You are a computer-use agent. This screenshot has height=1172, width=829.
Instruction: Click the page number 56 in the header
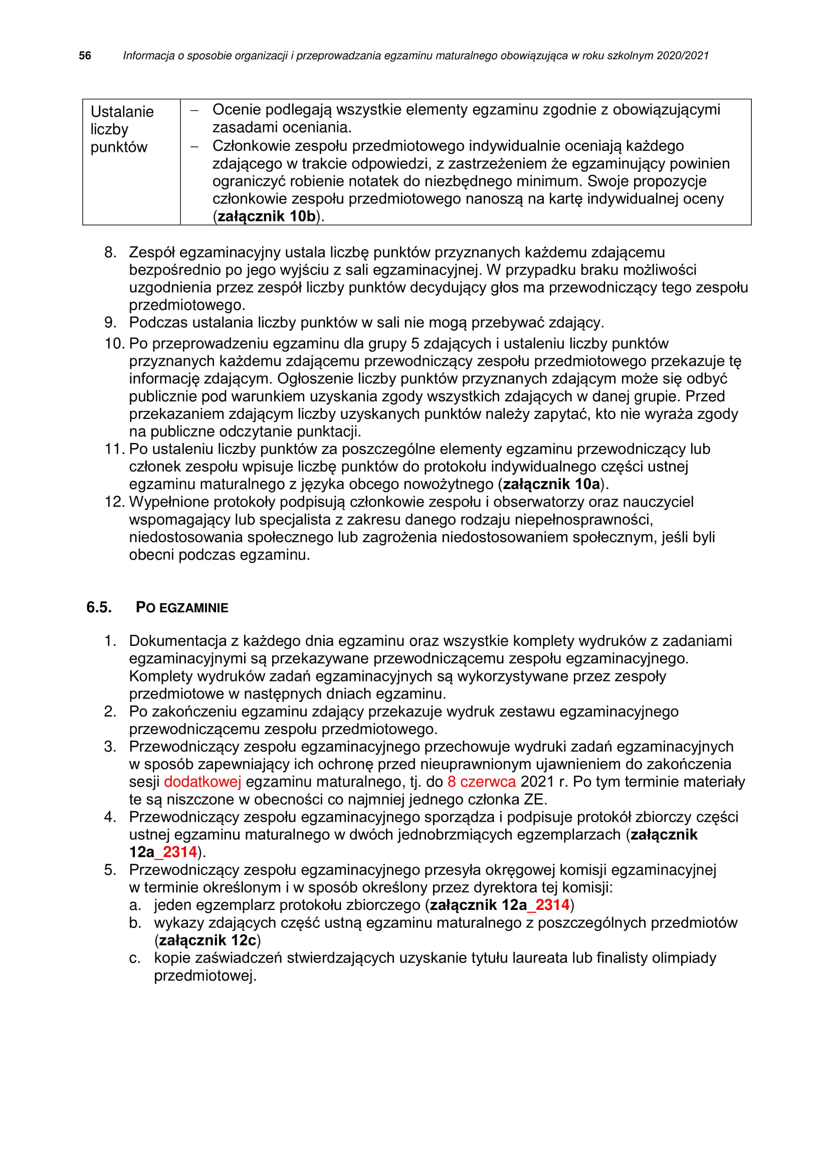pyautogui.click(x=85, y=56)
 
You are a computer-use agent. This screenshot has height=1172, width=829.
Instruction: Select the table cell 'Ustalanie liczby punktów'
pyautogui.click(x=122, y=129)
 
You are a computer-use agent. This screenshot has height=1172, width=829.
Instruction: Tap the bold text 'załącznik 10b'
pyautogui.click(x=267, y=216)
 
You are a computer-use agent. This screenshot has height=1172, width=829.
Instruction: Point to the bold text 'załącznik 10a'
pyautogui.click(x=551, y=484)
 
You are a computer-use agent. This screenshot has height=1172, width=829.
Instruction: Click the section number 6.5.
pyautogui.click(x=99, y=607)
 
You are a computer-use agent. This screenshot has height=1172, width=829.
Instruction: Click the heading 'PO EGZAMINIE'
pyautogui.click(x=182, y=607)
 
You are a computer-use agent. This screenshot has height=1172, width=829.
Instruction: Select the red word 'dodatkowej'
pyautogui.click(x=202, y=782)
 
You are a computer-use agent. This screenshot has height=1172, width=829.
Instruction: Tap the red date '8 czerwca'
pyautogui.click(x=481, y=782)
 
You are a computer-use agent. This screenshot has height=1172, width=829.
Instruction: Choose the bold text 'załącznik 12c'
pyautogui.click(x=208, y=940)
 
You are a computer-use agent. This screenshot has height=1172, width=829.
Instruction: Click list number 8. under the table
pyautogui.click(x=110, y=252)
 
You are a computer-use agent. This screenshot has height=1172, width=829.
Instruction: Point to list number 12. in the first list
pyautogui.click(x=114, y=502)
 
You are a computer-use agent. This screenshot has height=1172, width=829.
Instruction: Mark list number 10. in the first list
pyautogui.click(x=114, y=344)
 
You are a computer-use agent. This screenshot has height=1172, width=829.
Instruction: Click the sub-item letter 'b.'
pyautogui.click(x=135, y=923)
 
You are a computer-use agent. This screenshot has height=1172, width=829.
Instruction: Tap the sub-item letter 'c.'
pyautogui.click(x=135, y=958)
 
